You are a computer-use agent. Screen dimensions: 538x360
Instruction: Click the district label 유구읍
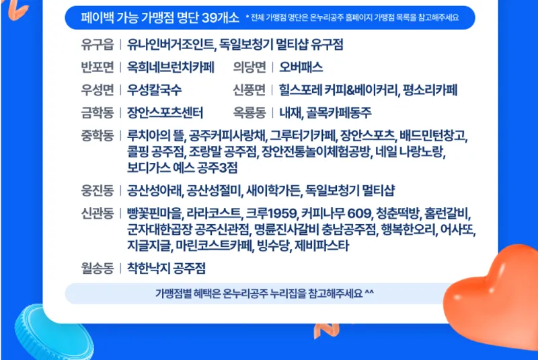tap(97, 44)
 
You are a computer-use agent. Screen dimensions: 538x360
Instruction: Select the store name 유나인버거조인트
tap(171, 44)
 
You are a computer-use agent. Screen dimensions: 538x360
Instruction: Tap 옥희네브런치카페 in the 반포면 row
tap(171, 67)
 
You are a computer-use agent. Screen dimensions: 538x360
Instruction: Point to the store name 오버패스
tap(301, 67)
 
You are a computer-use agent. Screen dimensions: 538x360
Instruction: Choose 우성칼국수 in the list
tap(154, 90)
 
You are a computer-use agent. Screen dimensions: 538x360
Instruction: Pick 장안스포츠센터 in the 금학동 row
tap(165, 113)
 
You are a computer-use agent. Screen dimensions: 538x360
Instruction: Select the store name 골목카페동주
tap(339, 113)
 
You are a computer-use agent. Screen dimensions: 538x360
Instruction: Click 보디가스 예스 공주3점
tap(182, 168)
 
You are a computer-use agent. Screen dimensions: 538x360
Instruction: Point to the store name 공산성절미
tap(214, 190)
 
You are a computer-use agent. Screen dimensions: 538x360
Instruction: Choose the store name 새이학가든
tap(273, 190)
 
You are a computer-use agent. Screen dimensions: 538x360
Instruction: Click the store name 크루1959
tap(271, 214)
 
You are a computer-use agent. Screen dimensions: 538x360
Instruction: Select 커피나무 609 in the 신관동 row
tap(336, 214)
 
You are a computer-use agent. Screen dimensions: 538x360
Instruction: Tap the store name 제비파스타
tap(322, 246)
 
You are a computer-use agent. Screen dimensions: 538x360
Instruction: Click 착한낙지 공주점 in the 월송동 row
tap(166, 268)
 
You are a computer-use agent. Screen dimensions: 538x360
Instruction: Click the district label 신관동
tap(97, 214)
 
